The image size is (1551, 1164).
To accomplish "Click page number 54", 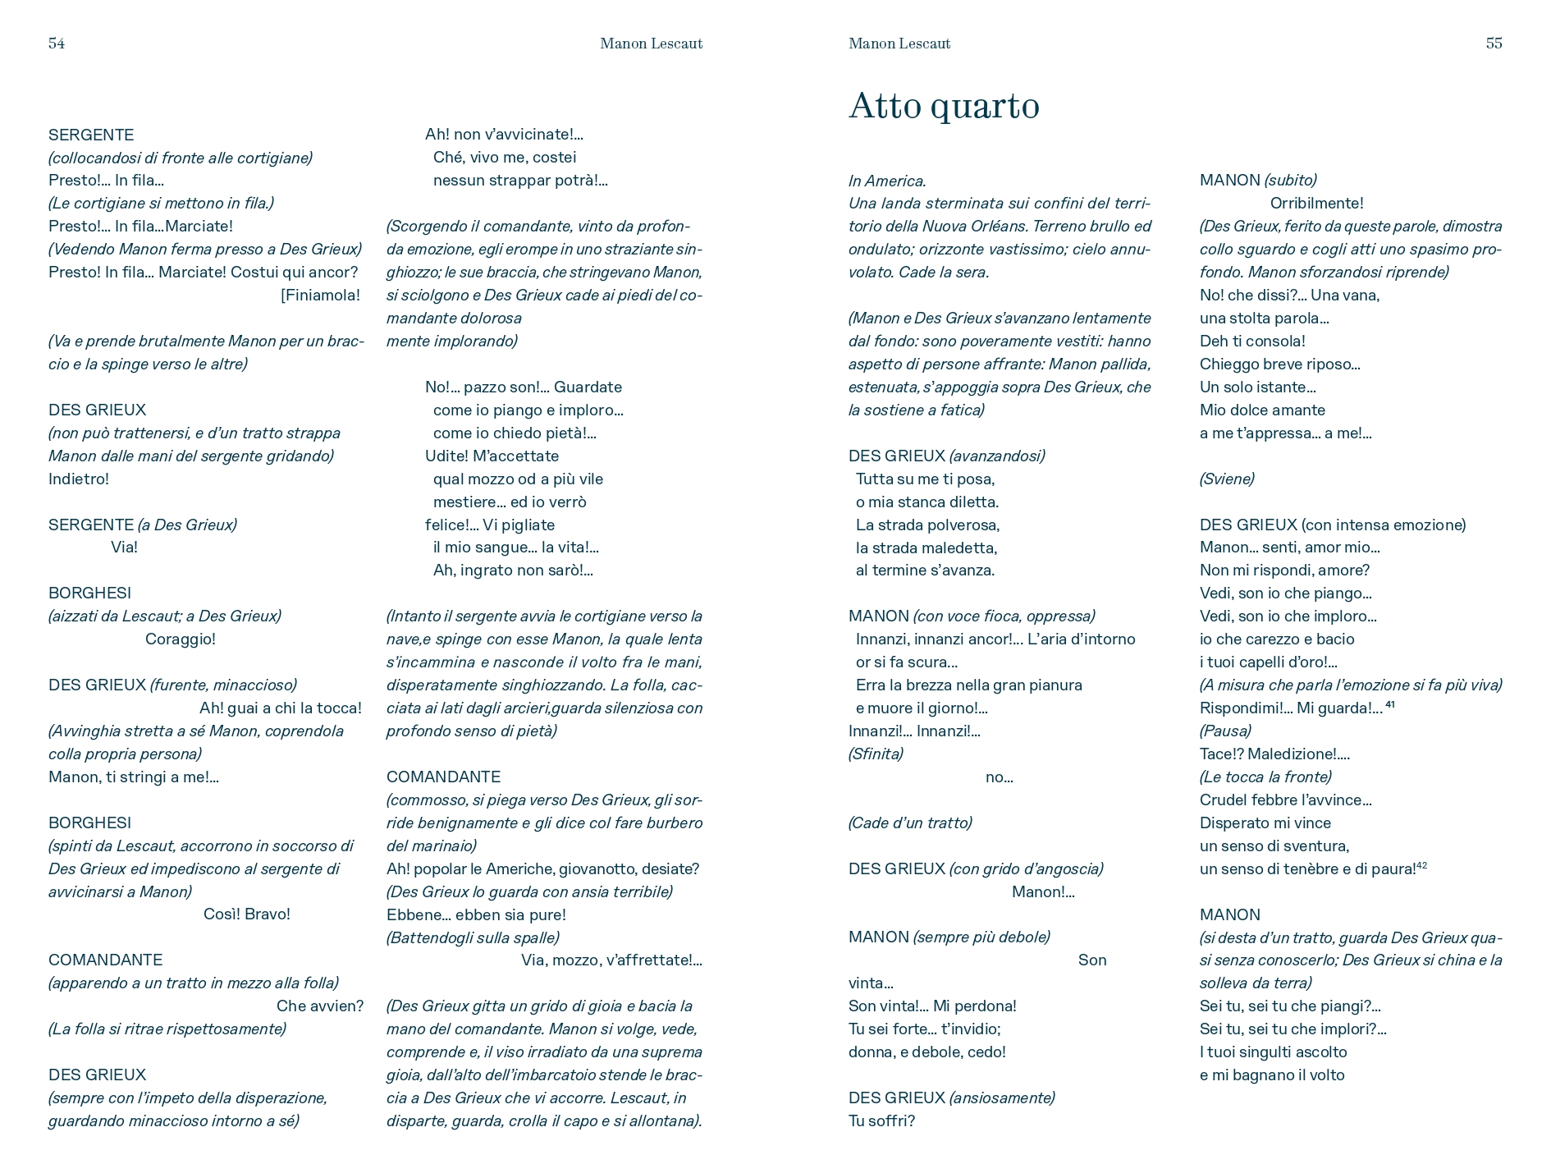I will coord(57,44).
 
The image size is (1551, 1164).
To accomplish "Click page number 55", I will coord(1494,44).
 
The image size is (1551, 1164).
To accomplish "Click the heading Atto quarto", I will coord(944,106).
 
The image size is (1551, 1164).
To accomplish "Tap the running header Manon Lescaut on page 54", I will coord(651,44).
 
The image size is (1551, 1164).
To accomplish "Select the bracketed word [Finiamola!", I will coord(320,296).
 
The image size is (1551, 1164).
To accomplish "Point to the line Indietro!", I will coord(79,479).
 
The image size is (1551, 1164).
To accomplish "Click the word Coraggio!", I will coord(181,639).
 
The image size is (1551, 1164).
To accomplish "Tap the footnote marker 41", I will coord(1390,704).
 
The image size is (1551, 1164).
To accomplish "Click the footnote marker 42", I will coord(1422,865).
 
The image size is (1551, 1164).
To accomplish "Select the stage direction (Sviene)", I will coord(1227,479).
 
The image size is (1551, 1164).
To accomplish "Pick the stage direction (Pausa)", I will coord(1225,731).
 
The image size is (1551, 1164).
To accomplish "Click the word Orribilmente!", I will coord(1316,204).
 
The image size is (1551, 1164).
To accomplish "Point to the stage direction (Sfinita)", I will coord(876,754).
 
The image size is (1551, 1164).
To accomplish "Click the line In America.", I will coord(887,181).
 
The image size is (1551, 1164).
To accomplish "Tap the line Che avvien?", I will coord(319,1006).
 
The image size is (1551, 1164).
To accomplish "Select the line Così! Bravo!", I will coord(247,914).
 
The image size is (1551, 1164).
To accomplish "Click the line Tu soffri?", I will coord(881,1121).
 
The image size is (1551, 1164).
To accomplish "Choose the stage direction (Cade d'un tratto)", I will coord(910,823).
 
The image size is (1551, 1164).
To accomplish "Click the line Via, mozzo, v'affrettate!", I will coord(611,960).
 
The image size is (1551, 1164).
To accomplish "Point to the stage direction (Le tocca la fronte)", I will coord(1265,777).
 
